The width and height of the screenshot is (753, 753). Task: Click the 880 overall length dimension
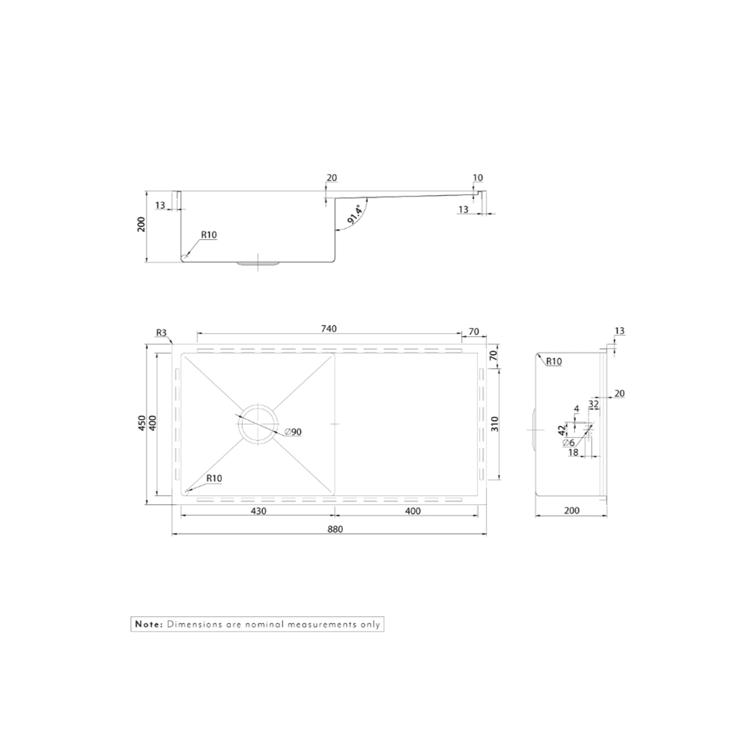pos(335,529)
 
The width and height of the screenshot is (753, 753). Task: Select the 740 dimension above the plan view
pos(329,328)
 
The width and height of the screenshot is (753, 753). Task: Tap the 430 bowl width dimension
pos(258,511)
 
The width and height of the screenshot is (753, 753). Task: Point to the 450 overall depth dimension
pos(142,423)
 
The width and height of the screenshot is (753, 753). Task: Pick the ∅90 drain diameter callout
pos(293,432)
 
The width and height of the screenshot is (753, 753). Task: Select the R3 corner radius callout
pos(161,333)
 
